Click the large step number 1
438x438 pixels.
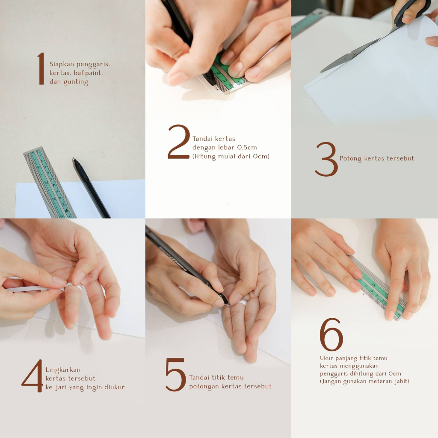(x=41, y=68)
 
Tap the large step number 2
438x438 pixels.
(x=179, y=142)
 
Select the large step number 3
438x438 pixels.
(x=326, y=159)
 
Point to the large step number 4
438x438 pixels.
(x=33, y=376)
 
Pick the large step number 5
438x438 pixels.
(x=175, y=375)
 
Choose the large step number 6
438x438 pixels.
(x=331, y=334)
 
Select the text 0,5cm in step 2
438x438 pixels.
(x=247, y=148)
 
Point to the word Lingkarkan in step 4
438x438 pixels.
(x=63, y=370)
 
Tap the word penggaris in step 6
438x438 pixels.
(x=331, y=374)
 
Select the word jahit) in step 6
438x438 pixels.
(x=402, y=381)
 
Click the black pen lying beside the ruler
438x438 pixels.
(x=91, y=188)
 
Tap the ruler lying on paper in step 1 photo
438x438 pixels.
(x=50, y=182)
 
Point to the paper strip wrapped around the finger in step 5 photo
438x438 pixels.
(x=242, y=302)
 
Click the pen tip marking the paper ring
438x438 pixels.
(x=228, y=304)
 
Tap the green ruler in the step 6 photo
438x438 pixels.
(x=378, y=288)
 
